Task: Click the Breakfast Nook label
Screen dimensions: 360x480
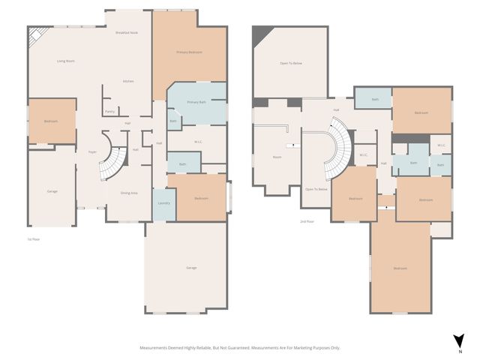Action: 126,33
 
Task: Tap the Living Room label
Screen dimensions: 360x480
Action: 66,61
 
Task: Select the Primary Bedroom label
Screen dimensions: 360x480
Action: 190,52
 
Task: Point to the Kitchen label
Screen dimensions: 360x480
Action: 128,81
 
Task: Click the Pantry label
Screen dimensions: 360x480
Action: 109,111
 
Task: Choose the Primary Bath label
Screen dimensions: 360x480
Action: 196,101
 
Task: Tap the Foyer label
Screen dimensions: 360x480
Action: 92,151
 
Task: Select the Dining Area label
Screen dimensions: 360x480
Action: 129,193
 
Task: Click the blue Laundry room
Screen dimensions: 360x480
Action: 163,203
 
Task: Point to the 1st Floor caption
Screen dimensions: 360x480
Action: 33,238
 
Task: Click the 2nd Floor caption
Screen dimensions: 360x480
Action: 306,222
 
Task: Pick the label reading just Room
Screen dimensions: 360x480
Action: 277,157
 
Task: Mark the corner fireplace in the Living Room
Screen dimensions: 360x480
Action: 35,35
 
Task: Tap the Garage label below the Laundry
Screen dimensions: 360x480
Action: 191,268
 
